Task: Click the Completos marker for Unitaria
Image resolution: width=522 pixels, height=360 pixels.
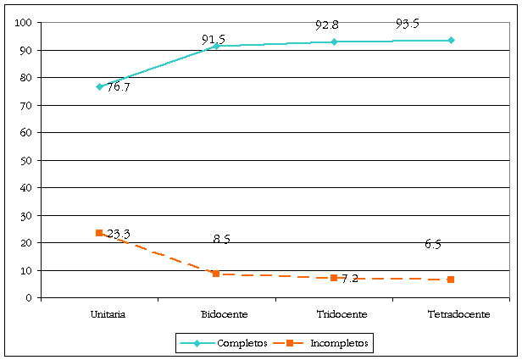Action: point(99,86)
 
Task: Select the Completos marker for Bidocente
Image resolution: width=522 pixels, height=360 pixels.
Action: point(216,46)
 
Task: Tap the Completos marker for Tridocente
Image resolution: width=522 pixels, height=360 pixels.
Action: point(334,42)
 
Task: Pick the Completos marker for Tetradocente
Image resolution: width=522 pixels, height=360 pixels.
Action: point(451,40)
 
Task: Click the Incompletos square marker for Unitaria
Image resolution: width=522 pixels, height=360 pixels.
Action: point(99,233)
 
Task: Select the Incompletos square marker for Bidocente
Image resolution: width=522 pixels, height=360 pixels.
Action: point(216,274)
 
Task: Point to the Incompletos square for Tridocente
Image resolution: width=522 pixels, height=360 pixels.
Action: point(334,278)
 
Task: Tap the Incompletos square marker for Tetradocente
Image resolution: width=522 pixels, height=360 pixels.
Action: point(451,280)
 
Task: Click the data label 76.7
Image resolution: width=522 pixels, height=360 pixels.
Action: point(119,87)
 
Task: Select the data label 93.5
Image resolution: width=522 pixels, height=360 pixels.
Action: point(408,24)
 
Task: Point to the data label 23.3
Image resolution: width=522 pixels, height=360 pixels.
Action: point(119,234)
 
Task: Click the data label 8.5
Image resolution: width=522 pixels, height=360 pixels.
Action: point(222,240)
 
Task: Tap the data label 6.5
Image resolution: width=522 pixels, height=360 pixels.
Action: point(433,245)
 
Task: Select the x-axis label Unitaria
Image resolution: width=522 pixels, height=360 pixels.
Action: point(108,314)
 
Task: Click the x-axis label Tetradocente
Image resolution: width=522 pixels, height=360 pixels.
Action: point(459,314)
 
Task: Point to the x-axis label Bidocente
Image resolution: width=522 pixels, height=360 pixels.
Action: point(225,314)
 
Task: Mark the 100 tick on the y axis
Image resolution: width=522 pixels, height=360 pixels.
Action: point(23,23)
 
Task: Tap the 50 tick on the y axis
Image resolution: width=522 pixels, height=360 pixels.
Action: point(25,160)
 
